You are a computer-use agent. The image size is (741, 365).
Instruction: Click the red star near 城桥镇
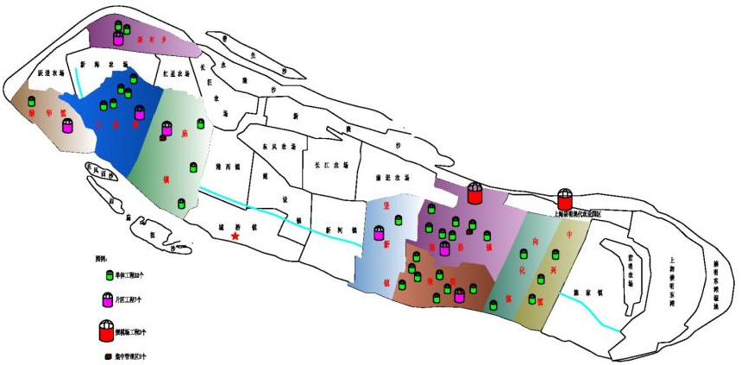tap(235, 236)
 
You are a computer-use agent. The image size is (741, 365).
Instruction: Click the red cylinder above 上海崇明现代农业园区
tap(565, 199)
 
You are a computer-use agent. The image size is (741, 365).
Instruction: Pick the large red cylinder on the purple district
tap(474, 193)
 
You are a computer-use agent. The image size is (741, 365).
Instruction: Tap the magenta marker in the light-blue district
tap(379, 232)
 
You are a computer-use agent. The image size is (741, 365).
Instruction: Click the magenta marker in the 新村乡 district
tap(118, 38)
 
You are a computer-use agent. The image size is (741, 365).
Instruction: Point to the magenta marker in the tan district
tap(67, 127)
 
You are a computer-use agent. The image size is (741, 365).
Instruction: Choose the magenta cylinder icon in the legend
tap(108, 301)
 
